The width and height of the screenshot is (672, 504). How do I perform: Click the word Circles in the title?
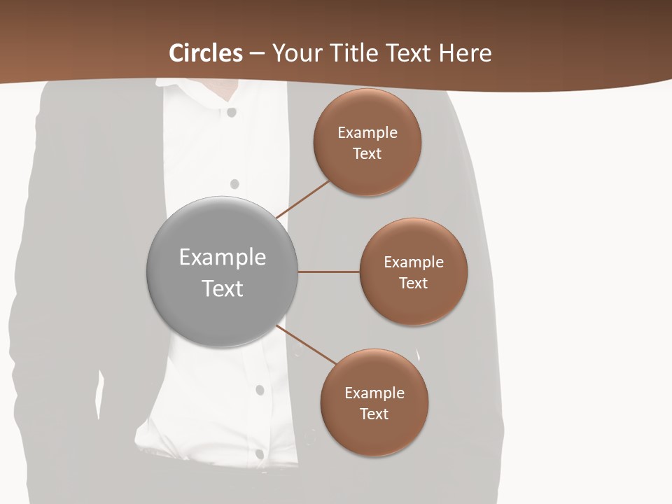click(x=206, y=53)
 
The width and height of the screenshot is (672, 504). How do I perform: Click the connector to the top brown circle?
click(x=303, y=199)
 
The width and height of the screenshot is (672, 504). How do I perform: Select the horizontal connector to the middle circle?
click(x=329, y=272)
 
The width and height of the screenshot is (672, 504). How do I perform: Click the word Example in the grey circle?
click(x=223, y=258)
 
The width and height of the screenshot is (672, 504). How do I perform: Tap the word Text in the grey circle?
click(x=223, y=288)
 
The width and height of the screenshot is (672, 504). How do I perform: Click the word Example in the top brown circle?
click(x=367, y=133)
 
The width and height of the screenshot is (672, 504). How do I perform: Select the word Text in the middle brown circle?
click(x=413, y=283)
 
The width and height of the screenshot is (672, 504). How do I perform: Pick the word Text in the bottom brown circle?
click(x=374, y=414)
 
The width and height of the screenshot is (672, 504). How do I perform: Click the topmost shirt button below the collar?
click(x=232, y=112)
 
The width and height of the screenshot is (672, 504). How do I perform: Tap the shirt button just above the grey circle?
click(x=234, y=184)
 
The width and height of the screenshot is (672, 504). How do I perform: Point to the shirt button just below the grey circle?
click(x=260, y=390)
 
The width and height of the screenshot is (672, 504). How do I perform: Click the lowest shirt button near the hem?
click(x=260, y=454)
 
